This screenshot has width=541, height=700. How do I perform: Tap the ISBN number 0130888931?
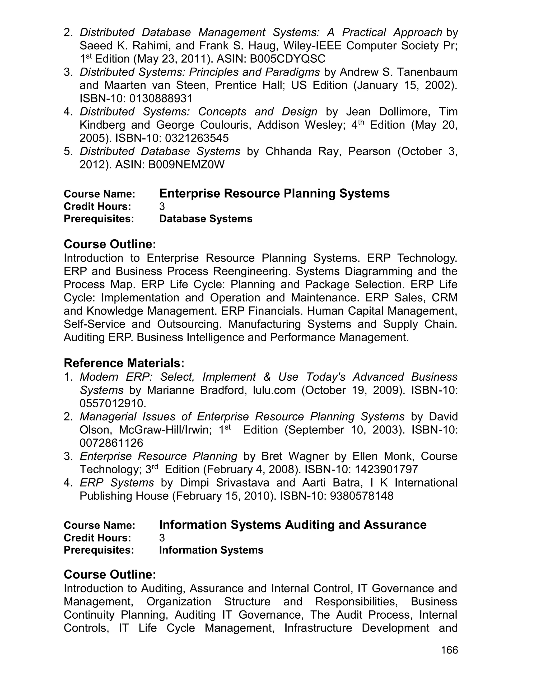coord(161,99)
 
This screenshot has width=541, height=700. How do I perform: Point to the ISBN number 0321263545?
coord(197,138)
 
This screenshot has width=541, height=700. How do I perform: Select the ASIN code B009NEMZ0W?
coord(186,165)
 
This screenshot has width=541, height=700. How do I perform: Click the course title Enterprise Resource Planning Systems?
coord(274,194)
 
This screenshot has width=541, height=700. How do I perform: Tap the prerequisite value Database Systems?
coord(206,219)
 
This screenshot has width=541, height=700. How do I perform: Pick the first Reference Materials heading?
coord(124,363)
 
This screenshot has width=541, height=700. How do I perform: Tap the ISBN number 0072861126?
coord(111,443)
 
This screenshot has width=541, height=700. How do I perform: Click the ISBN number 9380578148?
coord(362,496)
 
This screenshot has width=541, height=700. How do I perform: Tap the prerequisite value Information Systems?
coord(211,550)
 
